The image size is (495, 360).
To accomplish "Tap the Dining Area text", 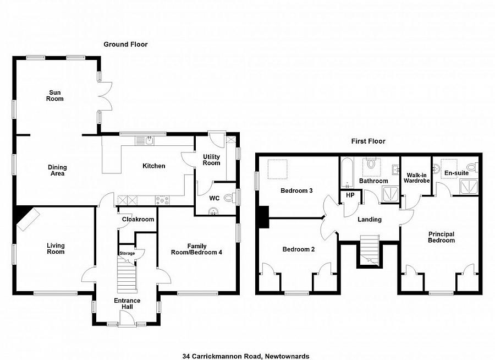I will tap(57, 171).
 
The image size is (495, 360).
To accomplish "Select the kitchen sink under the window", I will tap(148, 141).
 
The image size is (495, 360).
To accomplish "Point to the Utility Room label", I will tap(211, 160).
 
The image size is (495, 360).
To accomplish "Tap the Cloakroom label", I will tap(137, 219).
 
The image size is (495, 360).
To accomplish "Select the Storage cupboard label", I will tap(127, 253).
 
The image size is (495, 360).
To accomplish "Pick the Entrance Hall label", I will tap(127, 304).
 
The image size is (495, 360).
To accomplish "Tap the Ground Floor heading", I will tap(126, 44).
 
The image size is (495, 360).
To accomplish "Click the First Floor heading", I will tap(369, 141).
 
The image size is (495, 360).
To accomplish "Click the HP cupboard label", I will tap(350, 195).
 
